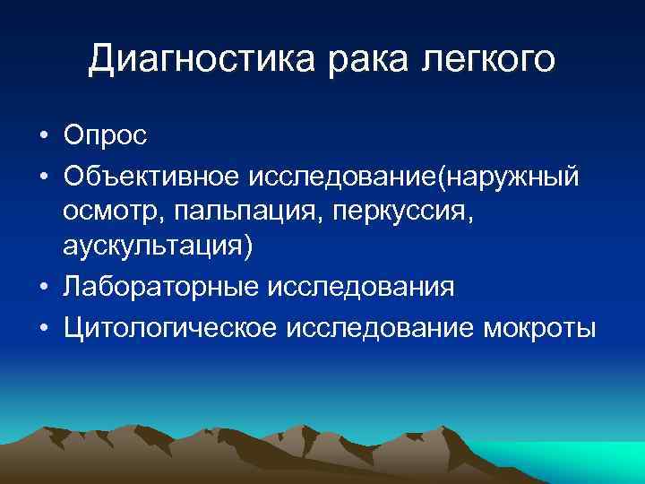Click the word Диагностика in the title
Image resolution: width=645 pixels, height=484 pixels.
201,60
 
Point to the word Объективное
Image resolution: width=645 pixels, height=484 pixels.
150,174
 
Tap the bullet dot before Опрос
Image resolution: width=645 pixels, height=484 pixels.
43,137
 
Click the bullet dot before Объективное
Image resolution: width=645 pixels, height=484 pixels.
43,175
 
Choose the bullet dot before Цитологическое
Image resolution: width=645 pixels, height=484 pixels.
43,327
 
